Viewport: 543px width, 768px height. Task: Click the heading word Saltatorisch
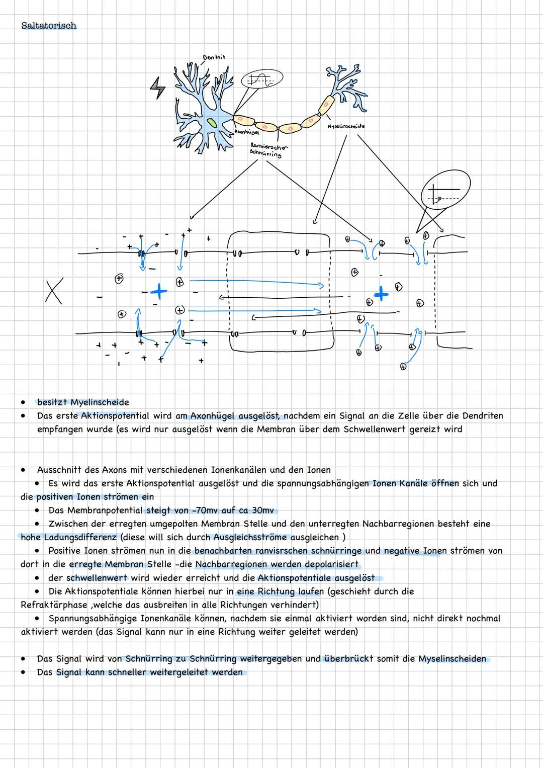(49, 26)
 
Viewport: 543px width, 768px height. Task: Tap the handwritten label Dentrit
(214, 57)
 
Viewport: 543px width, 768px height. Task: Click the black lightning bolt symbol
(158, 88)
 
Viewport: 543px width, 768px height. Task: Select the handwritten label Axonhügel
(246, 132)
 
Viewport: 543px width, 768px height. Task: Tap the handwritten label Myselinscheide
(346, 126)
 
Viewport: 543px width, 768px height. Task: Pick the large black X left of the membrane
(53, 292)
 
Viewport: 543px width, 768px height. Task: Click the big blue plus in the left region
(158, 290)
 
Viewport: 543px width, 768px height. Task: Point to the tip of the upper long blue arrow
(323, 285)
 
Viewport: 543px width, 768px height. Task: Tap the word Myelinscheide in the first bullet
(100, 402)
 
